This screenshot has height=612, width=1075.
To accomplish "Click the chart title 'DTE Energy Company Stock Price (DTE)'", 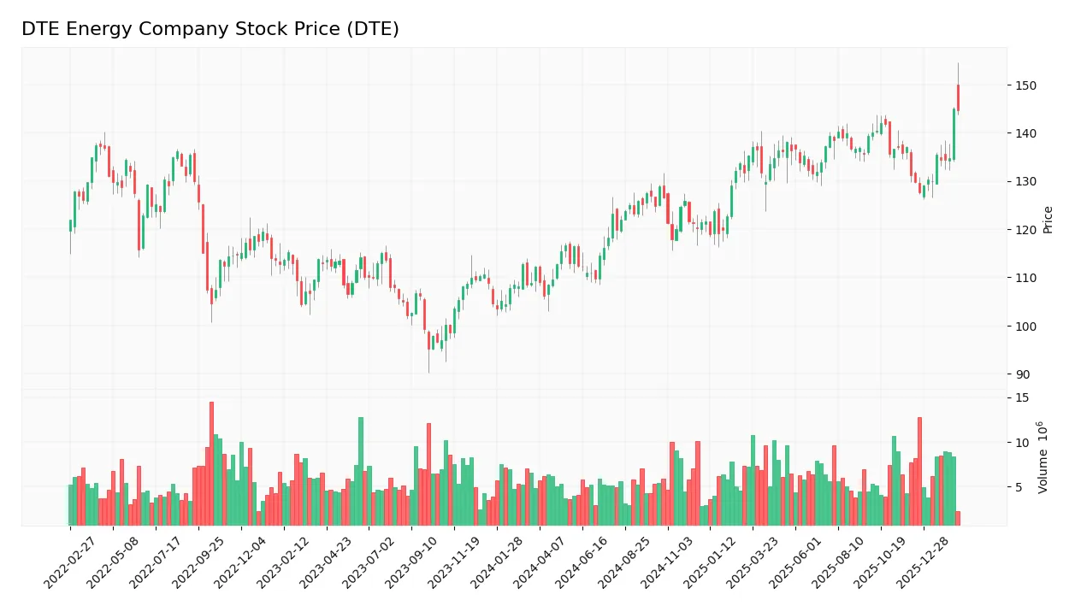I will [210, 29].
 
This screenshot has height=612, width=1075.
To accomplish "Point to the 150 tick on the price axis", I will [1025, 85].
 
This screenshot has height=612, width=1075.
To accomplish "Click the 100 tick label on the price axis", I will [1025, 327].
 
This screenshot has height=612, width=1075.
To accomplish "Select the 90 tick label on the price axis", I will [1023, 374].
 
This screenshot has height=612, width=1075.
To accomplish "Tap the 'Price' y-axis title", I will [1048, 220].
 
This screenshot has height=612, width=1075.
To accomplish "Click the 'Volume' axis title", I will [1043, 457].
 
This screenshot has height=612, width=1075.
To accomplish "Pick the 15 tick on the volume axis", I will [1022, 398].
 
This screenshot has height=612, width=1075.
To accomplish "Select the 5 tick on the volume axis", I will [1019, 487].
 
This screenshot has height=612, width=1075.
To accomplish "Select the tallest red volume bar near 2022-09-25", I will [211, 463].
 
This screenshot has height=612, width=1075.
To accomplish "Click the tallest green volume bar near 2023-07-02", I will [361, 471].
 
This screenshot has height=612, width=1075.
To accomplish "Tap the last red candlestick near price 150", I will [958, 97].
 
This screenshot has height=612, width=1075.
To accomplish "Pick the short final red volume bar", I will [958, 518].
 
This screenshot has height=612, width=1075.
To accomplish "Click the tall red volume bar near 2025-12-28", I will [919, 471].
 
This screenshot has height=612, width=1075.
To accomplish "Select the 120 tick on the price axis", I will [1025, 230].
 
